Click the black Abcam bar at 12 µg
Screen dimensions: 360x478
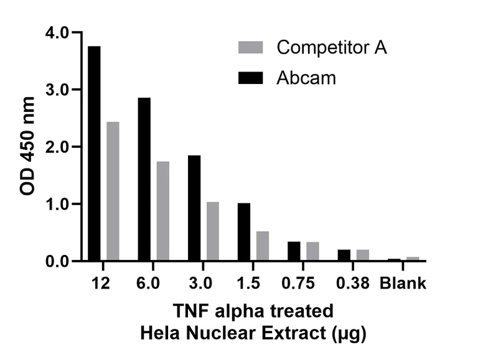tap(94, 154)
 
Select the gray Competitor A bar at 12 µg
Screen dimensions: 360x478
tap(113, 192)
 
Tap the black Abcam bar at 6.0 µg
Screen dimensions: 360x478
tap(144, 179)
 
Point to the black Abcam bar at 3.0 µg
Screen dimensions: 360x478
tap(194, 208)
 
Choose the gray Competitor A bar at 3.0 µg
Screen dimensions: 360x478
tap(213, 231)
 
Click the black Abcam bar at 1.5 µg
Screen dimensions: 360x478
tap(244, 232)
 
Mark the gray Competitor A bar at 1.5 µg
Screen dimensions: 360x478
tap(263, 246)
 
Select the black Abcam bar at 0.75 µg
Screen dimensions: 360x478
tap(294, 251)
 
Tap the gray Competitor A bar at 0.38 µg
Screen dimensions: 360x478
tap(363, 255)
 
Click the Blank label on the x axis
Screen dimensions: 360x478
tap(403, 284)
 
